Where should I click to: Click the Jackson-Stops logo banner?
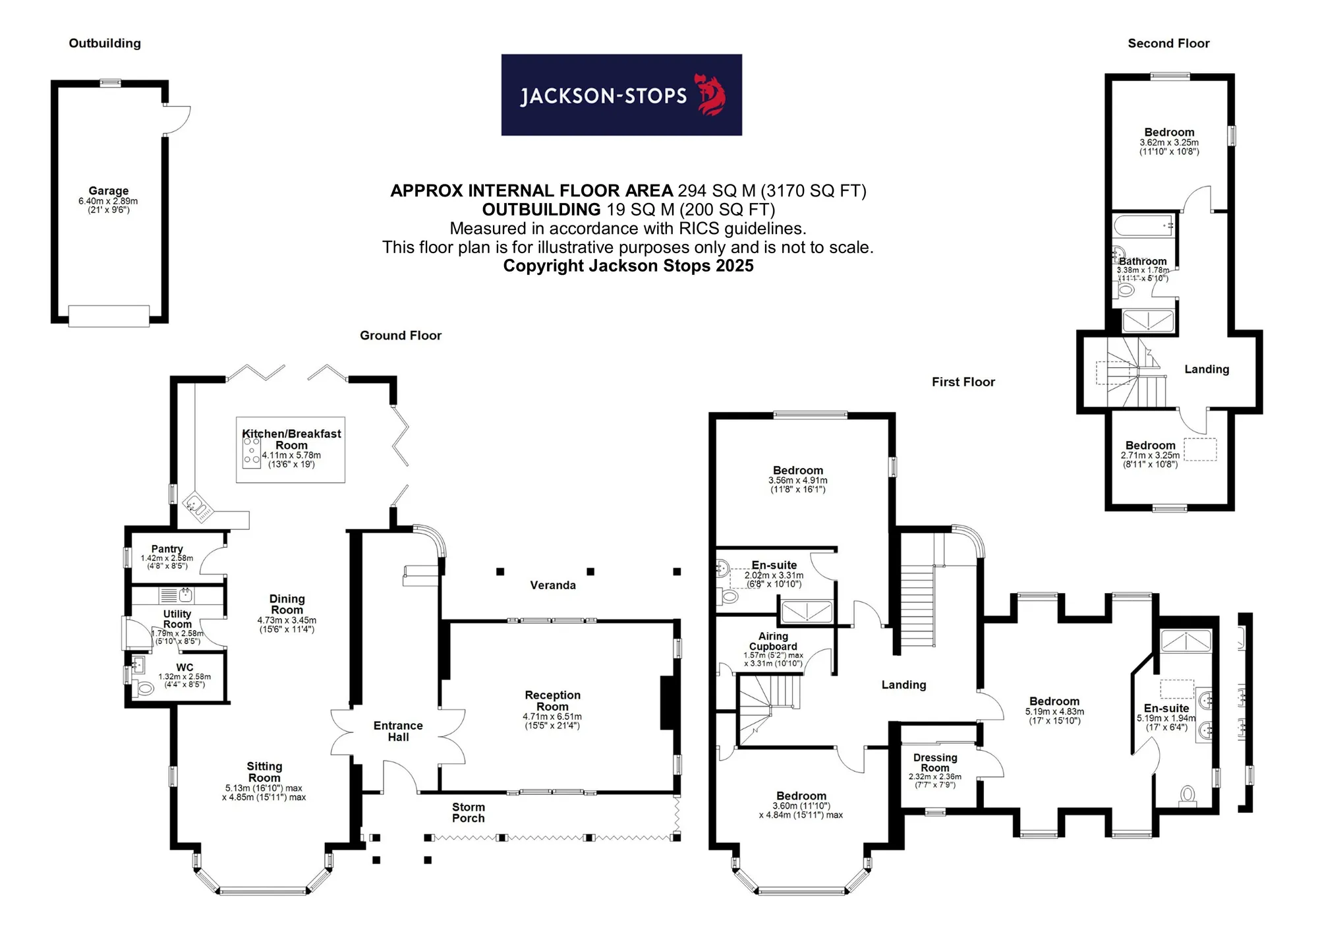click(621, 95)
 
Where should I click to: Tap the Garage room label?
click(109, 190)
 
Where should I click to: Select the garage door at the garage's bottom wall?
click(109, 316)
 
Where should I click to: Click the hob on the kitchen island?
click(252, 451)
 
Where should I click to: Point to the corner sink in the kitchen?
click(198, 506)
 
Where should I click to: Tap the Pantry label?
click(167, 548)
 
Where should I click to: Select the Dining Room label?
click(287, 604)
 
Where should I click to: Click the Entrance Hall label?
click(398, 731)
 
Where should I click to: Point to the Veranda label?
click(553, 585)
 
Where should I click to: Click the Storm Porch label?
click(469, 813)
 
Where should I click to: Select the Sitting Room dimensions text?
click(264, 792)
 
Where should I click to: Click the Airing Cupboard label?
click(773, 641)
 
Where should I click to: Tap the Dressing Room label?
click(935, 763)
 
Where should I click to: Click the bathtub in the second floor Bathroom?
click(1144, 225)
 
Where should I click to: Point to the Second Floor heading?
click(1168, 44)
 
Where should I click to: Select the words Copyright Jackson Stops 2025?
click(628, 266)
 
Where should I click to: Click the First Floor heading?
click(963, 382)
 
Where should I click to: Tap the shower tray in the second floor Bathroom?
click(1148, 321)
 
